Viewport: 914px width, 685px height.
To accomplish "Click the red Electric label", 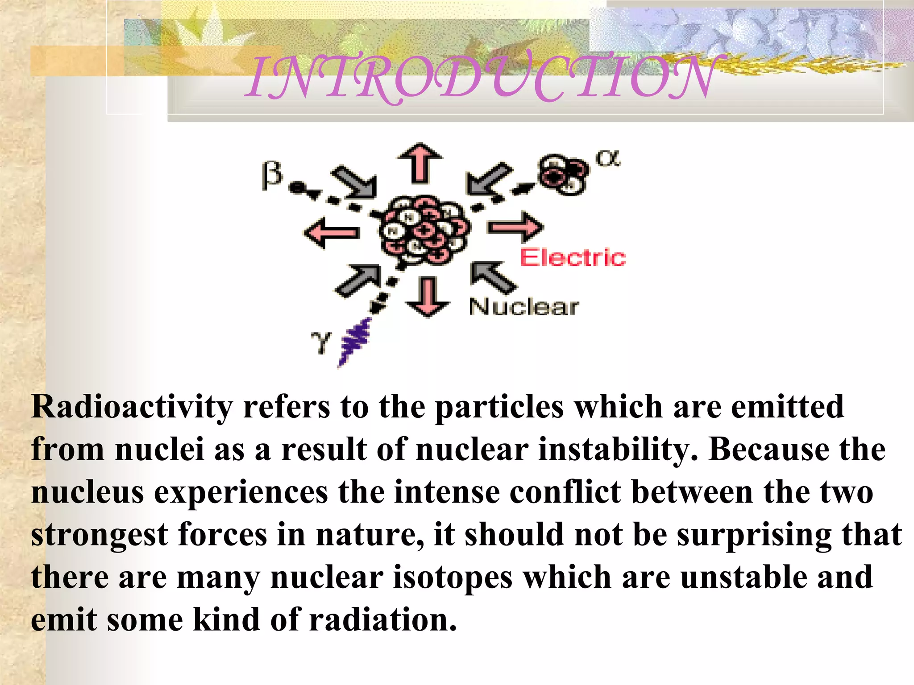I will pyautogui.click(x=573, y=258).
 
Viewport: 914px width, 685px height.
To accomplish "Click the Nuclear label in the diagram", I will pyautogui.click(x=524, y=307).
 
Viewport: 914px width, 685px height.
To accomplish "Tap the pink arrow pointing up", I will pyautogui.click(x=420, y=163).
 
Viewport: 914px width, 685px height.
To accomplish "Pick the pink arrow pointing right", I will pyautogui.click(x=515, y=227).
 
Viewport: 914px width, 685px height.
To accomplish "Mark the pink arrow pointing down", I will pyautogui.click(x=428, y=297).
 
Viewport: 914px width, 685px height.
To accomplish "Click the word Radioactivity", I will pyautogui.click(x=132, y=407).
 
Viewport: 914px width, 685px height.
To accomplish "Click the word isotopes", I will pyautogui.click(x=452, y=578).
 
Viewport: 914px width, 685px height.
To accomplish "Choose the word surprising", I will pyautogui.click(x=754, y=535).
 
